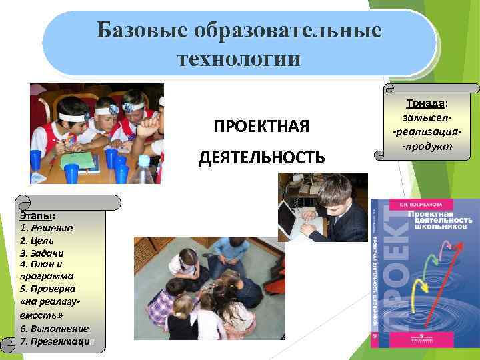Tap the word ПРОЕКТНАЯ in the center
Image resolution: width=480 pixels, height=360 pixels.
pyautogui.click(x=261, y=127)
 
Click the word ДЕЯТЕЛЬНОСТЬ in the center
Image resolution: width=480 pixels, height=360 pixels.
pyautogui.click(x=261, y=157)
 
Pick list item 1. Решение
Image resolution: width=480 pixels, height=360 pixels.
pyautogui.click(x=46, y=228)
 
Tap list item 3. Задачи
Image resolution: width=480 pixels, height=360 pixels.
pyautogui.click(x=42, y=253)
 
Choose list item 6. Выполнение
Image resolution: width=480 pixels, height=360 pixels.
pyautogui.click(x=54, y=329)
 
